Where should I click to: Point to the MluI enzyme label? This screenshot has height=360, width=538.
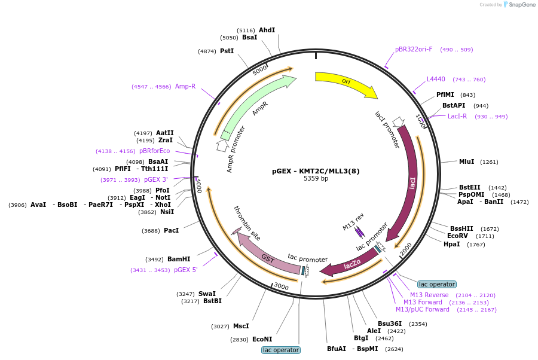point(467,161)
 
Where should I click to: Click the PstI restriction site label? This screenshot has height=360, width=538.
point(227,51)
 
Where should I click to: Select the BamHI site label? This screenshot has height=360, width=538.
point(179,259)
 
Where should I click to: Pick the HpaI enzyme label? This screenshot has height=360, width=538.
point(451,244)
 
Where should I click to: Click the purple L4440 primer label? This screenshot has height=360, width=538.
point(436,80)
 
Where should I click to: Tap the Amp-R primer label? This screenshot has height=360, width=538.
point(185,86)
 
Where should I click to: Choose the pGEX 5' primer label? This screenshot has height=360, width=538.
point(186,270)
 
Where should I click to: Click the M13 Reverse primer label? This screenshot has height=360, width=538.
point(429,295)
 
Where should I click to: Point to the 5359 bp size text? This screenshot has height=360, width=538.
point(316,178)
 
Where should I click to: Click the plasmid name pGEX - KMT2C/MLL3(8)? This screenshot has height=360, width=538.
point(316,171)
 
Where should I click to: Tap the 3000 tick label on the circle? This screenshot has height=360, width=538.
point(282,286)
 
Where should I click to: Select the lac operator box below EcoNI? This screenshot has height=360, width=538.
point(281,350)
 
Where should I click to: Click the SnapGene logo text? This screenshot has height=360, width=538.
point(522,4)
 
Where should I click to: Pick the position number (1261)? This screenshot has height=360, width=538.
point(489,162)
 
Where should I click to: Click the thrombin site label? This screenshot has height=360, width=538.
point(247,222)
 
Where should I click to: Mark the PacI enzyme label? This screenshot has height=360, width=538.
point(171,230)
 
